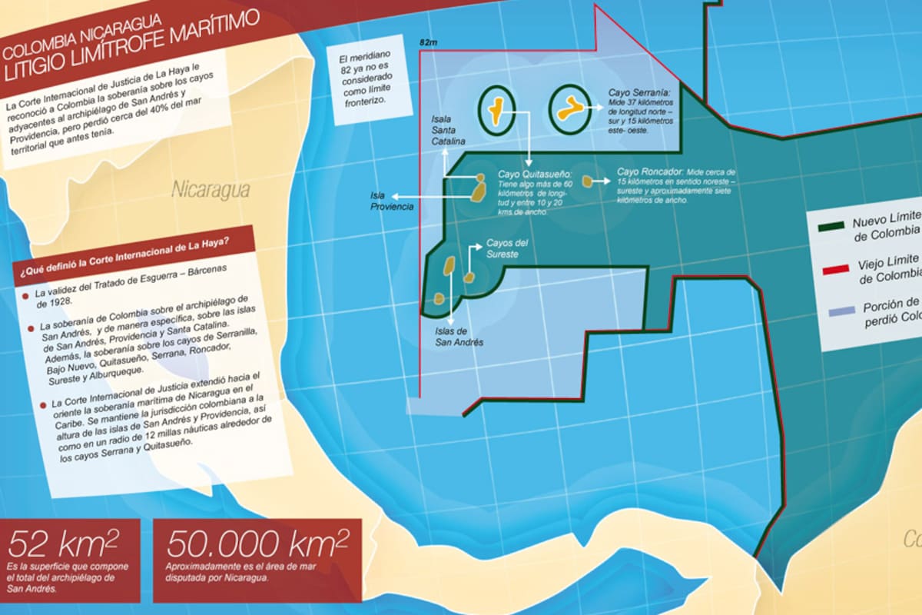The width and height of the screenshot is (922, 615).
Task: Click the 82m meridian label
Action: tap(428, 44)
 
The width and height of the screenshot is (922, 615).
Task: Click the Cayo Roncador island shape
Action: tap(587, 181)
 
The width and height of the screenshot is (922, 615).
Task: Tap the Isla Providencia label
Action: tap(392, 201)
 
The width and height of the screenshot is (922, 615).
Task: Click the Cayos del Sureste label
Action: tap(506, 248)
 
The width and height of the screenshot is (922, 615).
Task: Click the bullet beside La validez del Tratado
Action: tap(26, 294)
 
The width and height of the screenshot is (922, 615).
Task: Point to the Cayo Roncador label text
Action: tap(676, 185)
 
